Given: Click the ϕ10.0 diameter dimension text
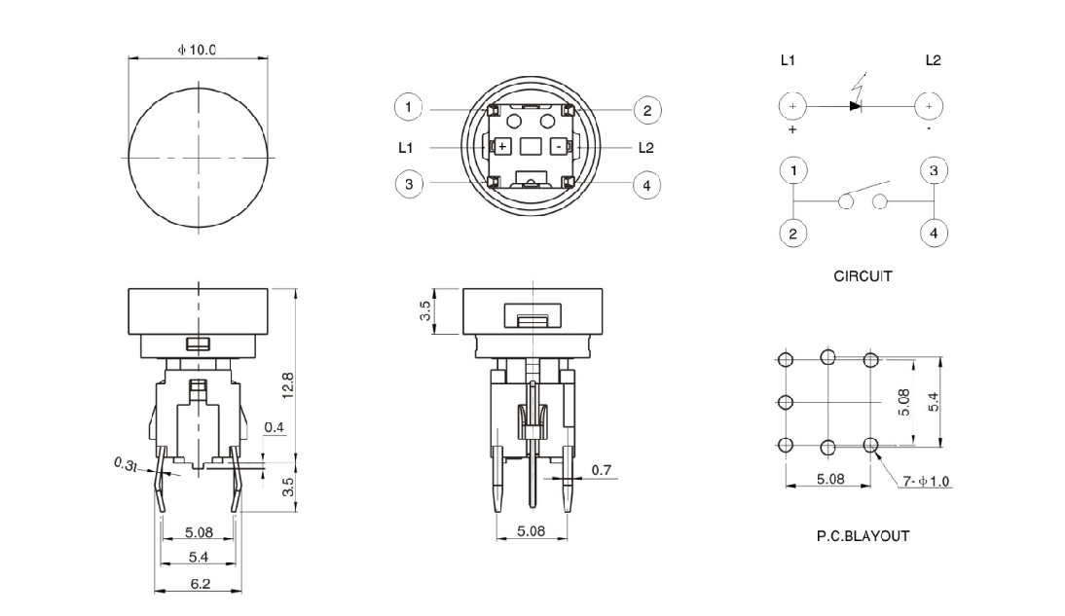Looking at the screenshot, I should [198, 49].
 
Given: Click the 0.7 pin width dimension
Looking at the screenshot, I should [602, 471].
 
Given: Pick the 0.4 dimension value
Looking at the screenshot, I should [275, 428].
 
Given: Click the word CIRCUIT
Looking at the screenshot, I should [863, 276].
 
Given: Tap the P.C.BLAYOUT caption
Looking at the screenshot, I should [863, 535].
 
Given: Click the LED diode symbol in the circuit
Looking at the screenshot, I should [856, 104].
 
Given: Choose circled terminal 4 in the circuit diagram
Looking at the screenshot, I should [933, 234].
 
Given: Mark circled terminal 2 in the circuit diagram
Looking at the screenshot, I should [793, 234].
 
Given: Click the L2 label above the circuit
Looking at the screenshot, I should [933, 60].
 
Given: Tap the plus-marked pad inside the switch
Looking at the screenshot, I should [502, 147].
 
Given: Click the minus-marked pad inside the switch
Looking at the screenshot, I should [558, 147].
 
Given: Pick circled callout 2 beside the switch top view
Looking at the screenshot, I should [646, 109].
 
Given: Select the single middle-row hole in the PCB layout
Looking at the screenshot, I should [787, 402].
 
